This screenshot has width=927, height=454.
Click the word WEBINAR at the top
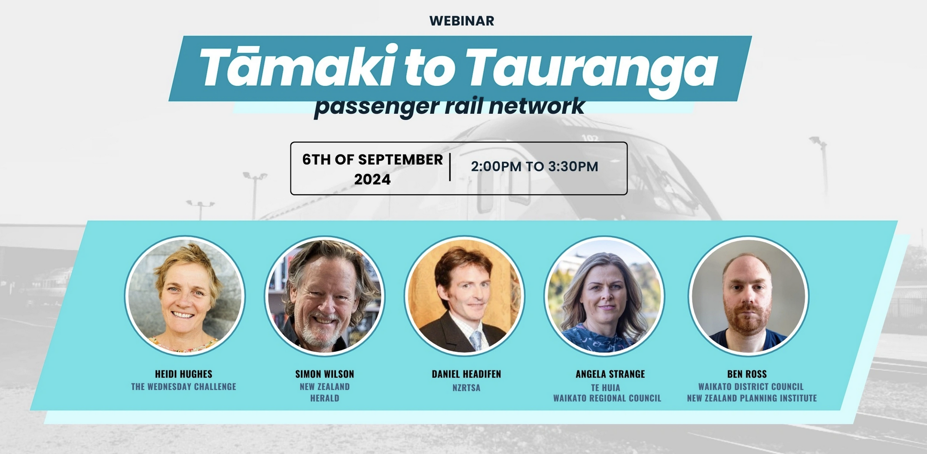(x=462, y=21)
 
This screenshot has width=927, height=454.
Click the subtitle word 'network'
(x=537, y=106)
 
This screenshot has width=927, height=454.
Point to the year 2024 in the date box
(x=372, y=179)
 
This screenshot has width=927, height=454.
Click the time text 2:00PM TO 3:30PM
(x=534, y=166)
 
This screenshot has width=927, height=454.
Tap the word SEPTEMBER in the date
(x=400, y=160)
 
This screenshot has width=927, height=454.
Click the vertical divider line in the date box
(x=450, y=167)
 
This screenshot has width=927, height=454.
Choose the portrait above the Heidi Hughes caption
(x=185, y=296)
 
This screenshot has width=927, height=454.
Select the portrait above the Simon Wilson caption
(x=325, y=296)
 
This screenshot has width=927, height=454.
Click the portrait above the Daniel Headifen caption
(x=465, y=296)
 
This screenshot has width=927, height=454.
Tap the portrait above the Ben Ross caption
(x=749, y=296)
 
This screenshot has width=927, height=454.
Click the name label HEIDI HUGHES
(x=183, y=374)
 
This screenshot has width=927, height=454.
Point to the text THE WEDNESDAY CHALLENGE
(x=183, y=387)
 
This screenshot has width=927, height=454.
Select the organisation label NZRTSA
(x=466, y=387)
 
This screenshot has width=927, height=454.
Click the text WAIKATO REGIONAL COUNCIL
(x=607, y=398)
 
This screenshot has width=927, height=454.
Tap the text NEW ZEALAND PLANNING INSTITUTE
(x=752, y=398)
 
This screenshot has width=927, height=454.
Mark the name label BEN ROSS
(x=747, y=374)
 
